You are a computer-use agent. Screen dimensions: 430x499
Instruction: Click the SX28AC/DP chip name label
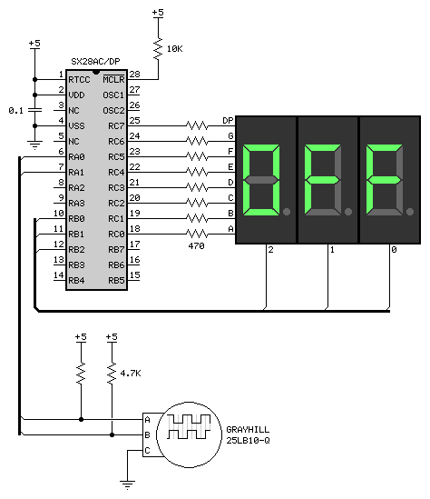point(95,61)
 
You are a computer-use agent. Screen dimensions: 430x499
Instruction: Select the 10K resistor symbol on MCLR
point(158,49)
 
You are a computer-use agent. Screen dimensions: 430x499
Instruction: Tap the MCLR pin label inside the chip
point(113,79)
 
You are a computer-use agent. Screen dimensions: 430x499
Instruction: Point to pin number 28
point(134,75)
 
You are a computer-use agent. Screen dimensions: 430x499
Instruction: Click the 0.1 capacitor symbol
point(35,110)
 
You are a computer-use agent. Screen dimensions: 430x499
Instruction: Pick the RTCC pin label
point(79,80)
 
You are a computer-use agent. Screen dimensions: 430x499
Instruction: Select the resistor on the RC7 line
point(197,125)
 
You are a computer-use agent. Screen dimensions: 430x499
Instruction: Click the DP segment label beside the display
point(228,120)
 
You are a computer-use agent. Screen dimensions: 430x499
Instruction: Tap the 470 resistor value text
point(196,246)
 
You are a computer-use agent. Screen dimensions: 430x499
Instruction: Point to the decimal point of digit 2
point(287,212)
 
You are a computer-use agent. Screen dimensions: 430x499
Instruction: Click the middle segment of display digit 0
point(385,180)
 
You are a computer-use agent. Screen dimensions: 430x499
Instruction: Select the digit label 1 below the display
point(332,250)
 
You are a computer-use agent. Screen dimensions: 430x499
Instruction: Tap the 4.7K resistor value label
point(131,373)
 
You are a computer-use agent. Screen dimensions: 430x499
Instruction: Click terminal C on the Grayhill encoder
point(147,450)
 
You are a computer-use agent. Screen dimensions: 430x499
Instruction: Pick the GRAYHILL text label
point(248,430)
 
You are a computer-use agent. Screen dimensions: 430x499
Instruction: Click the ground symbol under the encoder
point(127,484)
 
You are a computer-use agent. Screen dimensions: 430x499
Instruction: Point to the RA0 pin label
point(76,157)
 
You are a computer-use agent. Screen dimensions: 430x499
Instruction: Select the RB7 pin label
point(116,249)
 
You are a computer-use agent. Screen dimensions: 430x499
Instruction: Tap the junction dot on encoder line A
point(81,419)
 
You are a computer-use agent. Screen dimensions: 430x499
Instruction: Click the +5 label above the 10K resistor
point(158,13)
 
